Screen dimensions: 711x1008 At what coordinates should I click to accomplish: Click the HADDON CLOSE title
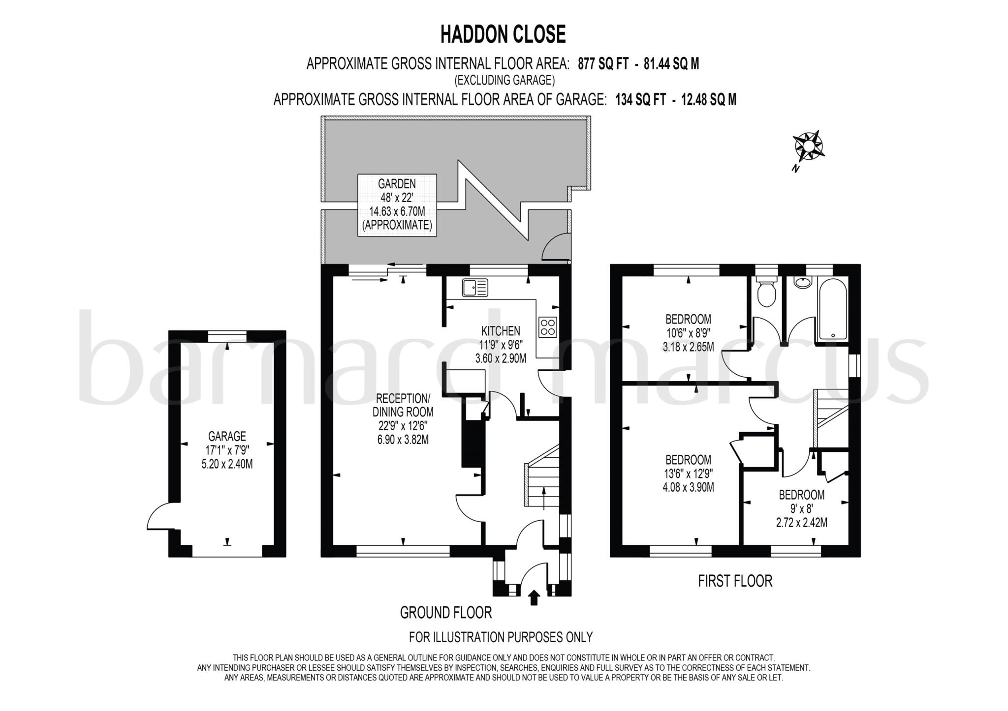[503, 34]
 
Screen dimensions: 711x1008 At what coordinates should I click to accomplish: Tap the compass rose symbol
[808, 147]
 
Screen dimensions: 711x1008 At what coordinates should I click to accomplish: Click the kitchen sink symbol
[474, 287]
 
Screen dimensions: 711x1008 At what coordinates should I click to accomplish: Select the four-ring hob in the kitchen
[548, 327]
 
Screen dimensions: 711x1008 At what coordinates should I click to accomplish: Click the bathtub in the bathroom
[832, 309]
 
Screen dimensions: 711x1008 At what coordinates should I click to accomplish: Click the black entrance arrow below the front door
[534, 597]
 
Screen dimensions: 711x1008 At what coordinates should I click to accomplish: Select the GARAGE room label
[227, 436]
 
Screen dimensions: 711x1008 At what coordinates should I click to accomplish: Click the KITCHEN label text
[500, 331]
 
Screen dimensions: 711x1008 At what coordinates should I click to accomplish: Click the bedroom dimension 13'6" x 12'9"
[688, 474]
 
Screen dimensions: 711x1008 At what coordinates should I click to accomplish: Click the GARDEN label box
[397, 205]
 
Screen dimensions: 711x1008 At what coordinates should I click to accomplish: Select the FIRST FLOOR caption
[735, 581]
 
